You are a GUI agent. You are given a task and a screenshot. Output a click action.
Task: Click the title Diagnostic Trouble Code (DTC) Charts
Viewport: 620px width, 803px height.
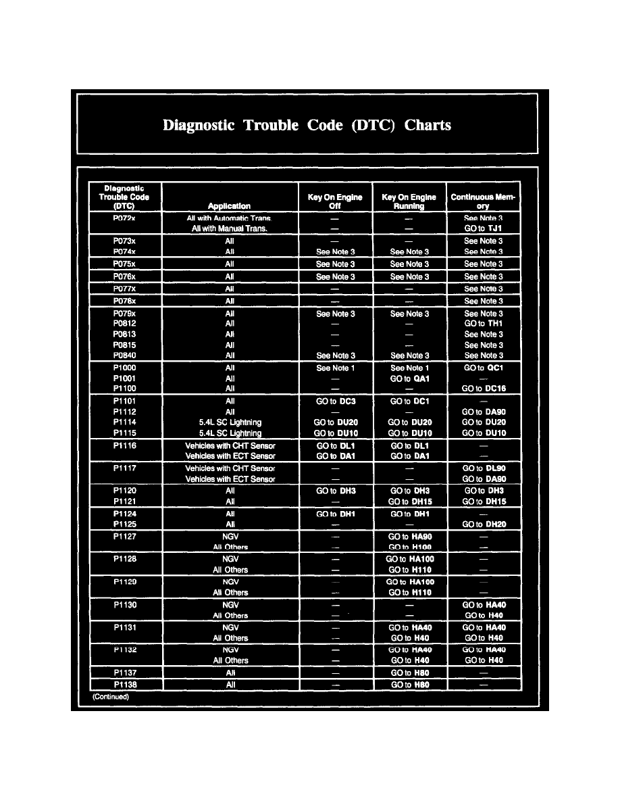[307, 126]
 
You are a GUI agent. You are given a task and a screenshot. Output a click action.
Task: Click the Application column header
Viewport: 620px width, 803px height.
[229, 206]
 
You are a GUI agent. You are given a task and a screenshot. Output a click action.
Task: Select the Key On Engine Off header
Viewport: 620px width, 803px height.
[335, 201]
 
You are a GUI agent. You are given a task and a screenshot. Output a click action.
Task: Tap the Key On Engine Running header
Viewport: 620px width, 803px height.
[409, 201]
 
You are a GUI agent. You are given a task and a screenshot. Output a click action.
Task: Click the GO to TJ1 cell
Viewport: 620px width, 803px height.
[483, 228]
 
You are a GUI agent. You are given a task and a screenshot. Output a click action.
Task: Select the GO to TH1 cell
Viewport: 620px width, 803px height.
[483, 324]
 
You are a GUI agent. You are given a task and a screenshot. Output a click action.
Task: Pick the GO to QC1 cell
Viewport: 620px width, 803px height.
[483, 368]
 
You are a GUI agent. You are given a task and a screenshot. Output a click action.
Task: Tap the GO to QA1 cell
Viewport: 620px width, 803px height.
[409, 379]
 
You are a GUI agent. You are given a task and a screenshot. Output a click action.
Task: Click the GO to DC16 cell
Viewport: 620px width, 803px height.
[483, 389]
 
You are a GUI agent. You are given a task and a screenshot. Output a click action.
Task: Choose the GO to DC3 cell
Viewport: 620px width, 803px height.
[335, 401]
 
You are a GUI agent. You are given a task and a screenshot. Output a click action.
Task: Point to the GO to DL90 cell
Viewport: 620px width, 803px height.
[483, 468]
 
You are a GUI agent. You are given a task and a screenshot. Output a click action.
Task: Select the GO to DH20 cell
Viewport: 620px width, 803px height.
[483, 525]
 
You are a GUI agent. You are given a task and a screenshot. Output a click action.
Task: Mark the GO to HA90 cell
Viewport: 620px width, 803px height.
[409, 537]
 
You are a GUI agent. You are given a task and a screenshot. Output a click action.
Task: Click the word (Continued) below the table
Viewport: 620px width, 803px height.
[110, 697]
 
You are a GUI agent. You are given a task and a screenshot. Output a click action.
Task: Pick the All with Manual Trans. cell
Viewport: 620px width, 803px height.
[230, 228]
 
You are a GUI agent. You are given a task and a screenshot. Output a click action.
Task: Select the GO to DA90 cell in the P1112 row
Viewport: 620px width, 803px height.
[483, 412]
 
